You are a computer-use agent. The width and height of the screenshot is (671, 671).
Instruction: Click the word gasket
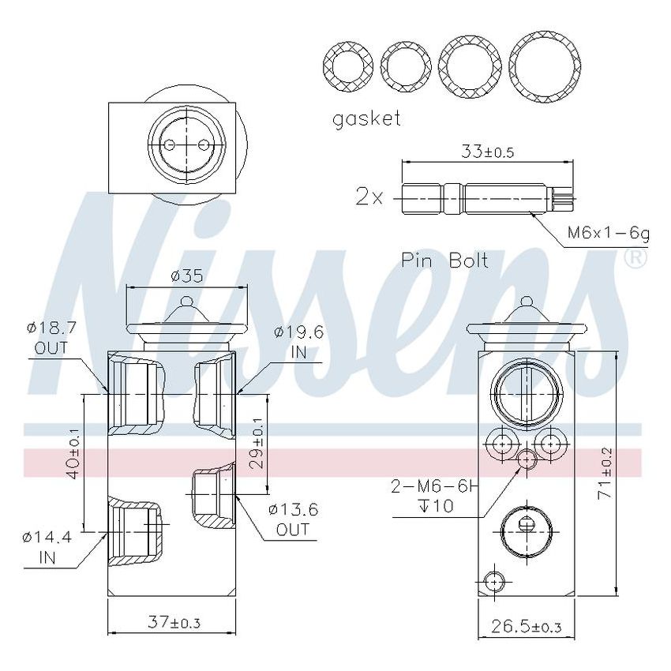(366, 119)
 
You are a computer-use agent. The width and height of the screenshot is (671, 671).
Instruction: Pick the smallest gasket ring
(350, 66)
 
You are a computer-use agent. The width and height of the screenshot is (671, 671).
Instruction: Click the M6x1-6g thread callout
(608, 234)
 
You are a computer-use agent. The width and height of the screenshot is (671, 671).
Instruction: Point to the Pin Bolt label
(444, 261)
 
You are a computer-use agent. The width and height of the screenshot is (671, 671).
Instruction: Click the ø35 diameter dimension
(186, 276)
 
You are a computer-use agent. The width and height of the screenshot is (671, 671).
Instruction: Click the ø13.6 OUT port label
(293, 519)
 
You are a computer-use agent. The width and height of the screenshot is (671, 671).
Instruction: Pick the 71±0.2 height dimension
(605, 472)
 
